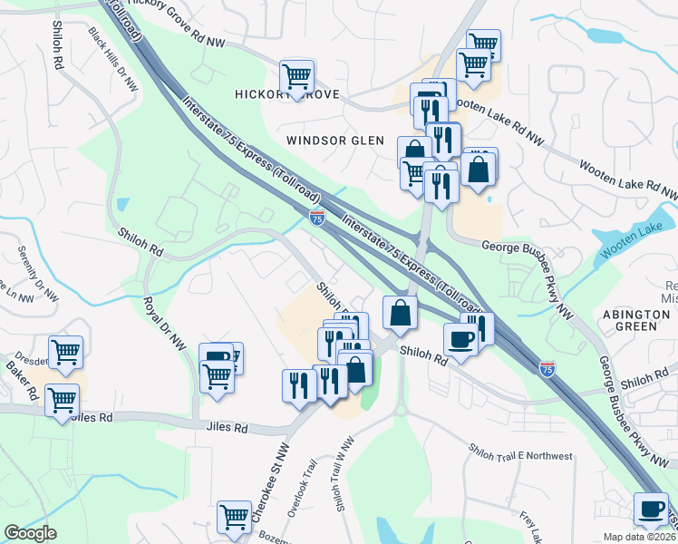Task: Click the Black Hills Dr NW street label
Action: pos(112,59)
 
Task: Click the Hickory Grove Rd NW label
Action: pos(179,18)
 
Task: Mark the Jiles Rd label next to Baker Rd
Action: pos(94,418)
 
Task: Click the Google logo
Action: pos(30,533)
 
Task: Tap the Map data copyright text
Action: pos(640,537)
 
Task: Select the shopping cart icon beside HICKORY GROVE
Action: pos(296,76)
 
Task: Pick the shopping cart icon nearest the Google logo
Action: pos(234,517)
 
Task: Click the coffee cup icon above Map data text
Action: pos(651,508)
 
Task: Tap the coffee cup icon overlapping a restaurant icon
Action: pos(460,338)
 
